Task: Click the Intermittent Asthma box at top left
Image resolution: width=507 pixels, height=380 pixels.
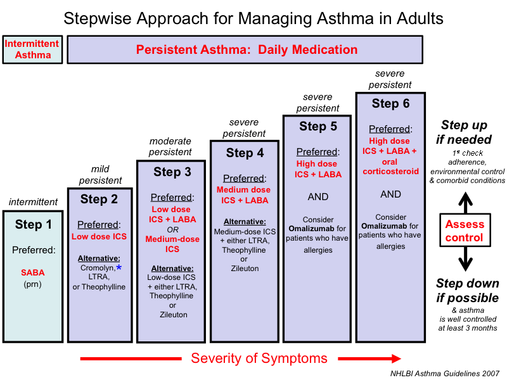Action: [32, 49]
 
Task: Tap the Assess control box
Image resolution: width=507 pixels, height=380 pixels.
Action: [465, 231]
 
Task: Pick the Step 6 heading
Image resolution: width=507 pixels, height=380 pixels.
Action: [390, 103]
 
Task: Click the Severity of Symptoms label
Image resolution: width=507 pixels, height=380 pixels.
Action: [259, 358]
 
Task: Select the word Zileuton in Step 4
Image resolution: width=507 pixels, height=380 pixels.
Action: [245, 269]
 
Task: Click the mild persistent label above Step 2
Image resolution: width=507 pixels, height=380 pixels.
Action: [100, 174]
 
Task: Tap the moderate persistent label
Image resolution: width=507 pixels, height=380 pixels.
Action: [170, 146]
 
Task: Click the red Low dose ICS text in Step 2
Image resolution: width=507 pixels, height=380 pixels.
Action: [99, 237]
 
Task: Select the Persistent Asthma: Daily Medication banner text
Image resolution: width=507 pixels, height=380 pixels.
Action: [247, 49]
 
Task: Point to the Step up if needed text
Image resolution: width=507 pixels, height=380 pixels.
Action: [466, 132]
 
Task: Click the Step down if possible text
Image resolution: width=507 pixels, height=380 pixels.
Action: [467, 290]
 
